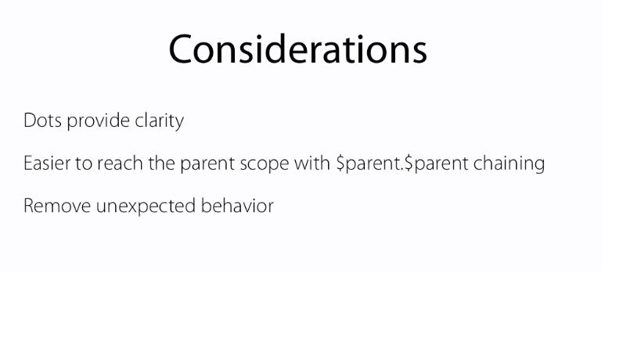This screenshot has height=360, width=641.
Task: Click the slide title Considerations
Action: point(297,49)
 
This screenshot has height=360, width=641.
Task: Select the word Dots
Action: point(42,121)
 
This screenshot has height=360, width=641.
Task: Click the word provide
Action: point(98,121)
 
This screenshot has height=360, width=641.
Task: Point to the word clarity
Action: point(160,121)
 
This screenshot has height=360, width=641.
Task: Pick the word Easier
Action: point(47,163)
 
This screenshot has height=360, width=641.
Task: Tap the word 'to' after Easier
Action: point(84,164)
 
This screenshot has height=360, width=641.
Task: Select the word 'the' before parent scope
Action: point(161,163)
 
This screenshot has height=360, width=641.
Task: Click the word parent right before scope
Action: point(207,164)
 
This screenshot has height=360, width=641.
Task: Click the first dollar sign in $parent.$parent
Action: point(340,163)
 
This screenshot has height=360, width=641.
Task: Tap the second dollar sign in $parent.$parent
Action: point(409,163)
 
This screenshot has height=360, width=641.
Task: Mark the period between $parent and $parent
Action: point(402,170)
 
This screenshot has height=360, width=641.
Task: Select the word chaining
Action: point(509,164)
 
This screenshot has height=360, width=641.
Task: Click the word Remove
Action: point(57,206)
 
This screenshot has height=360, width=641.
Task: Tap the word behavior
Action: point(237,205)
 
